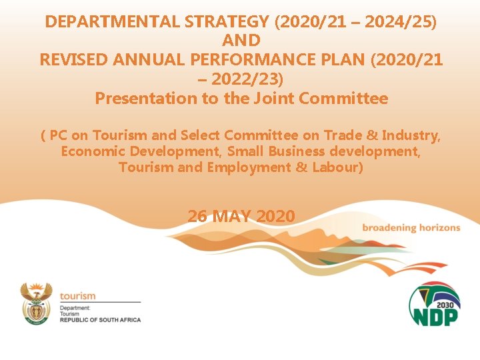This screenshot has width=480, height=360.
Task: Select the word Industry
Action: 413,137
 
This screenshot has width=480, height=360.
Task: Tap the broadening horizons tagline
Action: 411,227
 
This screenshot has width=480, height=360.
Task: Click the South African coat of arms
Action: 36,304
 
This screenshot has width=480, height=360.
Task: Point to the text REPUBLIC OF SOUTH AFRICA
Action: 100,320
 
